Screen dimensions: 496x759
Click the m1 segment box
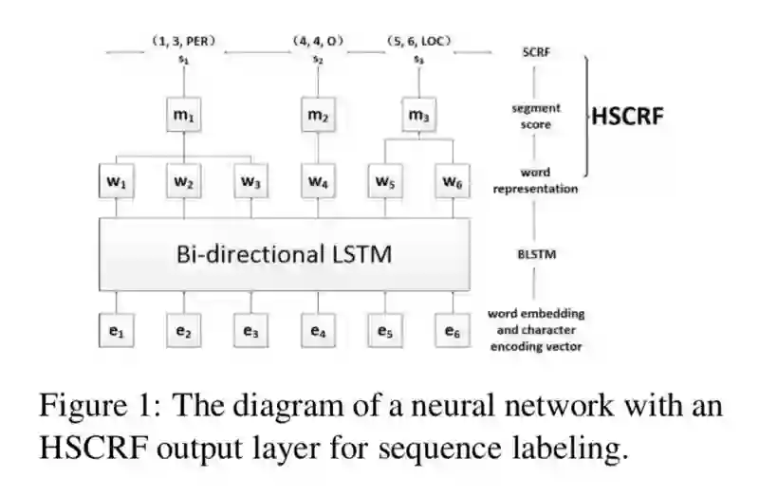184,117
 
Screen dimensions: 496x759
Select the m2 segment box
317,117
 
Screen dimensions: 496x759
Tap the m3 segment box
418,117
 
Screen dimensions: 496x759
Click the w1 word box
118,180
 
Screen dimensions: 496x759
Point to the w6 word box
450,180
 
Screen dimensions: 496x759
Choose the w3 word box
250,180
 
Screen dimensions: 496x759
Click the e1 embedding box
118,331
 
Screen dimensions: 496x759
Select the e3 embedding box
250,331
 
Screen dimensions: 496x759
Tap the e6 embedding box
450,331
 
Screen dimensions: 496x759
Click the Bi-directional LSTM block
285,253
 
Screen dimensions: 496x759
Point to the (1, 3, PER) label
184,42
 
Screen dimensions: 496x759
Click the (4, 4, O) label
317,42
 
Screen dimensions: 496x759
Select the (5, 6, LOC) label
418,42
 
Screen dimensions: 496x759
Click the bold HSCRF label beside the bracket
627,118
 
